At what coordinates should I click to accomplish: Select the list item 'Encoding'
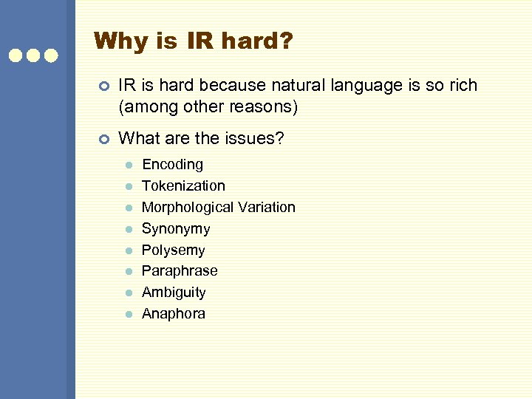point(172,165)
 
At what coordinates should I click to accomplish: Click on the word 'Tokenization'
point(183,186)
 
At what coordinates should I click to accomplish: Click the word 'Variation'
point(267,208)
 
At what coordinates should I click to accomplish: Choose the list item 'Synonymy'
point(176,229)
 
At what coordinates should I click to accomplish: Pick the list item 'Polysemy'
point(173,250)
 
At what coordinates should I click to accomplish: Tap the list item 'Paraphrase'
point(180,271)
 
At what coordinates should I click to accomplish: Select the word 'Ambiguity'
point(174,293)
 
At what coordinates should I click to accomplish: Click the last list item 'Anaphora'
point(174,314)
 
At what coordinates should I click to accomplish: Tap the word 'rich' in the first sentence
point(463,86)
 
